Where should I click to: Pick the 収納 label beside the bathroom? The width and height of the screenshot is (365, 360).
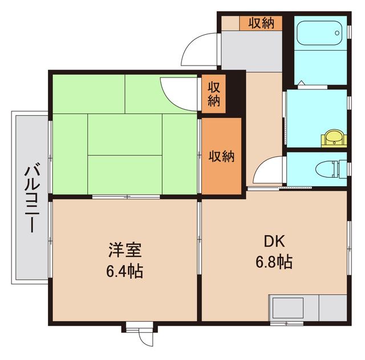coord(261,23)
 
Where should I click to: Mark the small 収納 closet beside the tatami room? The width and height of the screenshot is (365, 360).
coord(214,95)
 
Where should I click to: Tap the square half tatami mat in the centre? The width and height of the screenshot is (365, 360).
coord(125,133)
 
